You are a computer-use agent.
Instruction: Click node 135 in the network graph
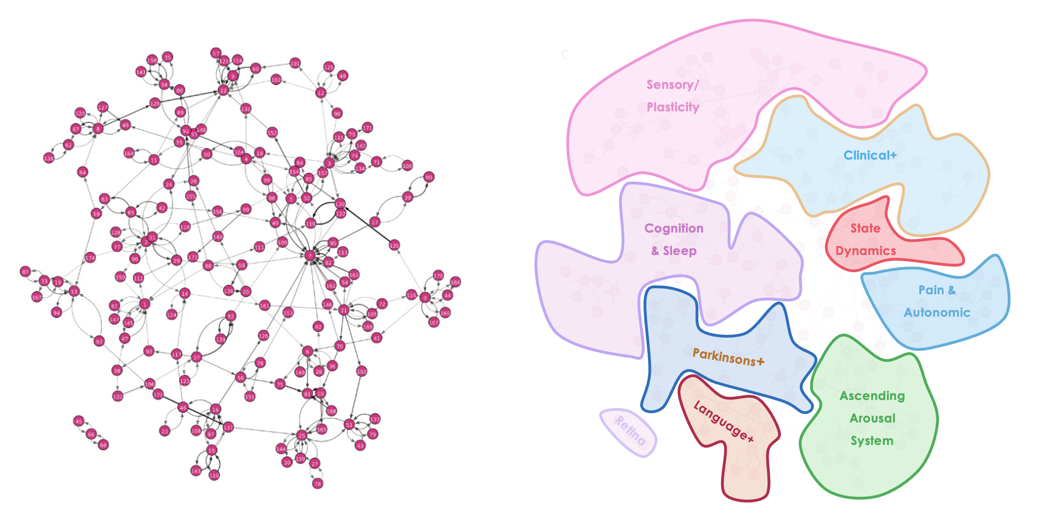pyautogui.click(x=394, y=245)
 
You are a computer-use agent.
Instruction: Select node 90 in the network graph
pyautogui.click(x=429, y=177)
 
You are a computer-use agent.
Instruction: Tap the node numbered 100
pyautogui.click(x=407, y=166)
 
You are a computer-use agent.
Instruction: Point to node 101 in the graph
pyautogui.click(x=295, y=63)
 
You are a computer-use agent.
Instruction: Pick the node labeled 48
pyautogui.click(x=343, y=76)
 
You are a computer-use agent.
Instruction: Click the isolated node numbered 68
pyautogui.click(x=103, y=444)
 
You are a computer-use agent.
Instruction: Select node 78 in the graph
pyautogui.click(x=318, y=483)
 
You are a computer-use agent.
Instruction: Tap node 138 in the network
pyautogui.click(x=49, y=158)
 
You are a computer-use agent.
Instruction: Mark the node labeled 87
pyautogui.click(x=26, y=271)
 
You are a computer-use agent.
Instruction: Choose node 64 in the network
pyautogui.click(x=83, y=172)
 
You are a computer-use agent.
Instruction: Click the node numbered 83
pyautogui.click(x=99, y=341)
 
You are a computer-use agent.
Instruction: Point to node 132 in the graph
pyautogui.click(x=118, y=396)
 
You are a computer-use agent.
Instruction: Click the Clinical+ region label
pyautogui.click(x=870, y=155)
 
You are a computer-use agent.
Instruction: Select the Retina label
pyautogui.click(x=630, y=430)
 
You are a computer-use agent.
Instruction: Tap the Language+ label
pyautogui.click(x=723, y=421)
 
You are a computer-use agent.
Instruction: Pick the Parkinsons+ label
pyautogui.click(x=728, y=357)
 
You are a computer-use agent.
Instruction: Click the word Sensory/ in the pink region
pyautogui.click(x=672, y=85)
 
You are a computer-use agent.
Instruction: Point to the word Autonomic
pyautogui.click(x=937, y=313)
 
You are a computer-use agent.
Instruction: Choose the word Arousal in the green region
pyautogui.click(x=872, y=418)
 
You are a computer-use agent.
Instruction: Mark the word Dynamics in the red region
pyautogui.click(x=866, y=251)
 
